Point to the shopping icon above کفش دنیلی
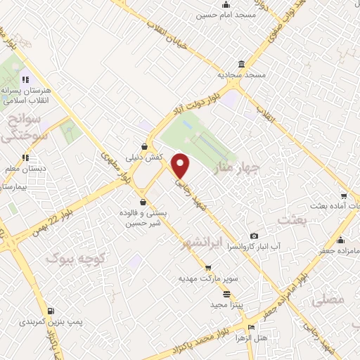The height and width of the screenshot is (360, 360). [144, 147]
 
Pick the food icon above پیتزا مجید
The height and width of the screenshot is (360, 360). [226, 294]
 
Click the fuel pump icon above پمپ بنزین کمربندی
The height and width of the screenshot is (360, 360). [51, 311]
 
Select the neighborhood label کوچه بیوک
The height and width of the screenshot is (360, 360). [69, 258]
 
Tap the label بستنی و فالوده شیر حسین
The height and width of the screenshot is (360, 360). [145, 219]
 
